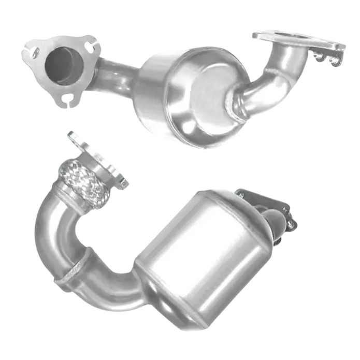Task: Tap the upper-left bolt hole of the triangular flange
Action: pyautogui.click(x=36, y=52)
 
